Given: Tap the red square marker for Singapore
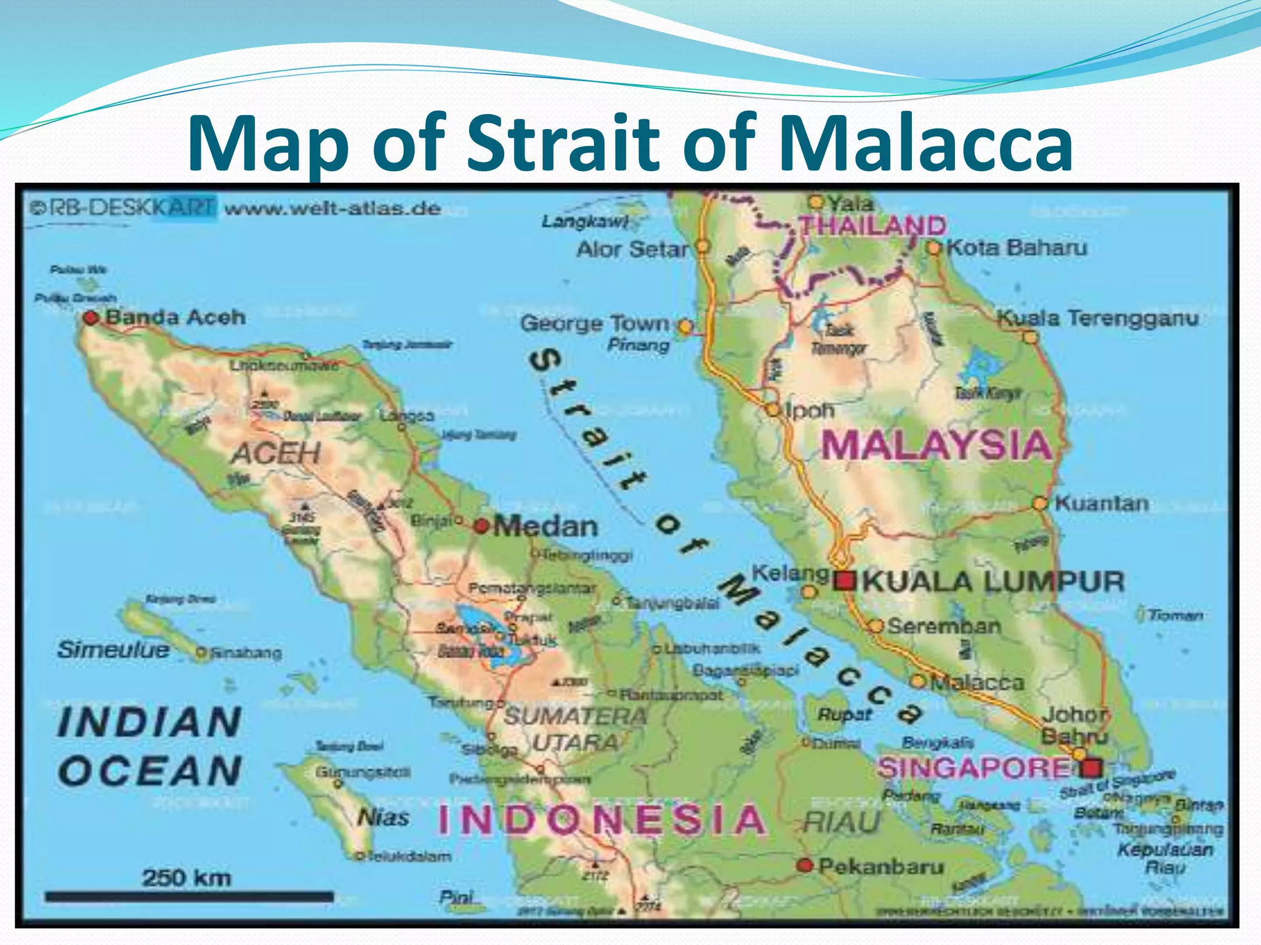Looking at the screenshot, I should point(1092,768).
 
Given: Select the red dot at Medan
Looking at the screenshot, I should point(481,526).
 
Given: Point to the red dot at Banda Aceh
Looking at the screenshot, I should point(91,318).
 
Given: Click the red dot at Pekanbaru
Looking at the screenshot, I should point(805,865).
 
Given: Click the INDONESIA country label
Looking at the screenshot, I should point(602,820).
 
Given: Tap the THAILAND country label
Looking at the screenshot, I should point(872,226).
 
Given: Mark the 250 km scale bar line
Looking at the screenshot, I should point(189,898).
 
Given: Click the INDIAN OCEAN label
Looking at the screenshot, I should point(150,746).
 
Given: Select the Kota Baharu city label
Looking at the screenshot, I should point(1017,247).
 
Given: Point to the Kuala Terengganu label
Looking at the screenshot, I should point(1098,318).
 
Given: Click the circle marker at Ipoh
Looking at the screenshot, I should point(773,410).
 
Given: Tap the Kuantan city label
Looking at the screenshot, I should point(1102,503).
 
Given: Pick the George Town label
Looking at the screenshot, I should point(595,324).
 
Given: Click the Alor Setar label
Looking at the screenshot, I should point(632,249).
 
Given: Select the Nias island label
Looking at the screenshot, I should point(384,818).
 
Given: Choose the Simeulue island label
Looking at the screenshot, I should point(113,650).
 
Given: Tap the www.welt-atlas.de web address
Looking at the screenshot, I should point(332,209).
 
